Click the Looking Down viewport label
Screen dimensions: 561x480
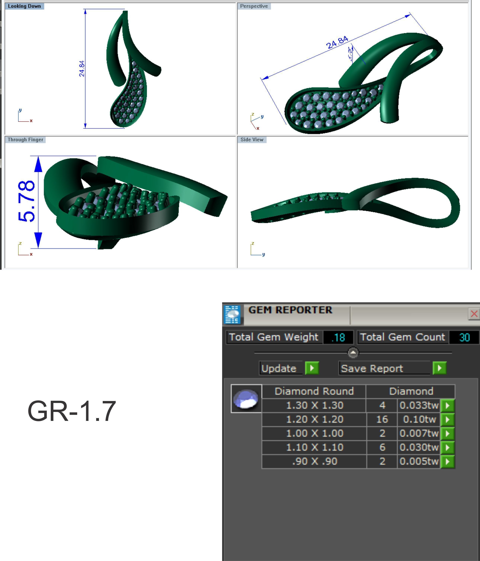[x=24, y=6]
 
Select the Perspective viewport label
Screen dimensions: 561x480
[x=254, y=6]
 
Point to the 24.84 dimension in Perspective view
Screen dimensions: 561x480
[x=337, y=42]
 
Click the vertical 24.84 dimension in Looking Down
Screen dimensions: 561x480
[x=82, y=68]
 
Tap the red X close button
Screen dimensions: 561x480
[x=474, y=314]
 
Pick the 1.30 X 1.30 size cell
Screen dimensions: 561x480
[x=314, y=405]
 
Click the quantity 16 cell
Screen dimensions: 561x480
[x=382, y=419]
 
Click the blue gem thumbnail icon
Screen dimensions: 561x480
[x=246, y=399]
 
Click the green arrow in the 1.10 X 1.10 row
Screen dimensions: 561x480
[x=447, y=447]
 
